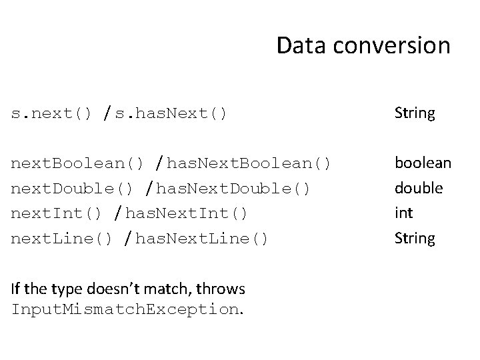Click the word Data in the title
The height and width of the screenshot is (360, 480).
tap(301, 45)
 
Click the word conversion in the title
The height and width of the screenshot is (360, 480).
tap(391, 45)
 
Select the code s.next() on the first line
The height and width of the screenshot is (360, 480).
tap(51, 113)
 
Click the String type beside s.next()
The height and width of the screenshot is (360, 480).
tap(414, 113)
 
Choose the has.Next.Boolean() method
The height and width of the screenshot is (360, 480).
tap(250, 163)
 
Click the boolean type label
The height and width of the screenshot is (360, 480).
tap(423, 163)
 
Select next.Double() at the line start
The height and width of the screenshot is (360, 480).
tap(72, 188)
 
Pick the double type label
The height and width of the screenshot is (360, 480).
tap(419, 188)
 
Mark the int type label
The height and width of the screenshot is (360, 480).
tap(404, 213)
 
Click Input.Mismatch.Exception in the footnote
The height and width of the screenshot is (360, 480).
tap(125, 310)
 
